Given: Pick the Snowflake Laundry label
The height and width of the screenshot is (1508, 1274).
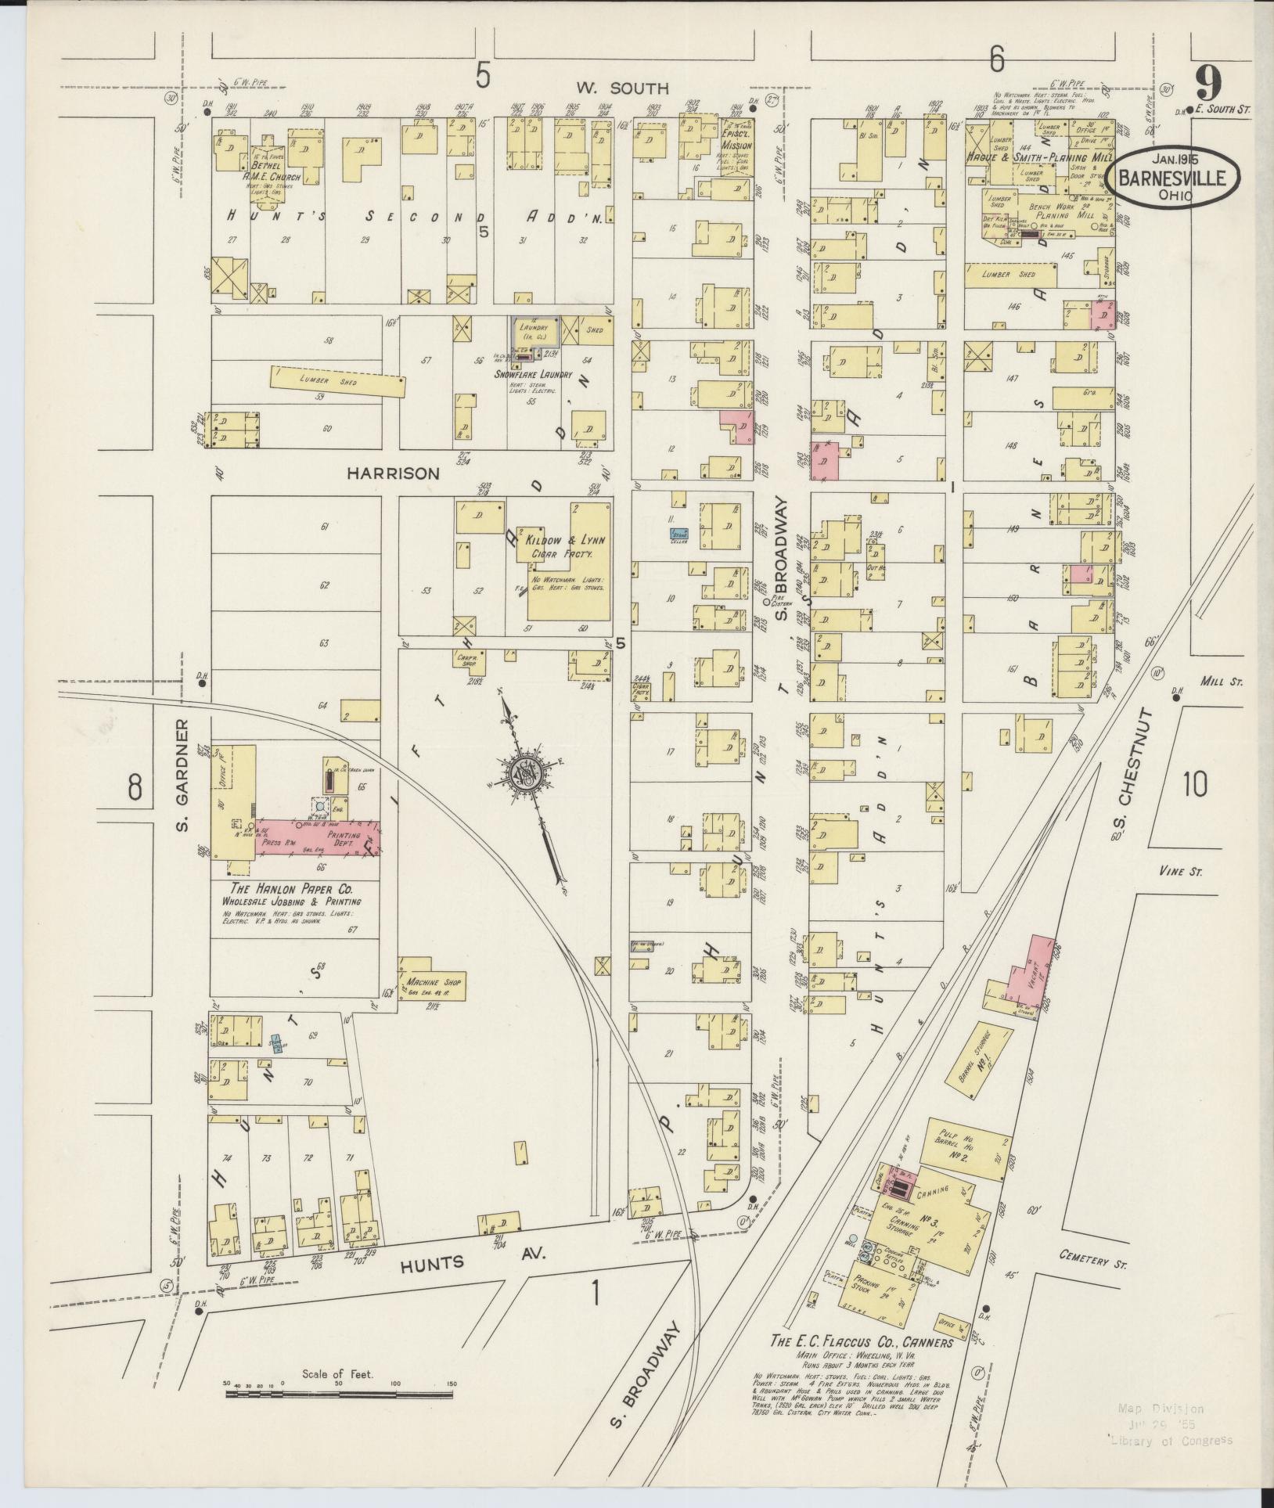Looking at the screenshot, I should point(532,374).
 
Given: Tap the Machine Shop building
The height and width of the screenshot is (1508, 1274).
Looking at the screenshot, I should point(433,981).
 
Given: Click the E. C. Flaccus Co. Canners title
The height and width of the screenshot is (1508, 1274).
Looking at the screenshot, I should point(861,1342).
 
